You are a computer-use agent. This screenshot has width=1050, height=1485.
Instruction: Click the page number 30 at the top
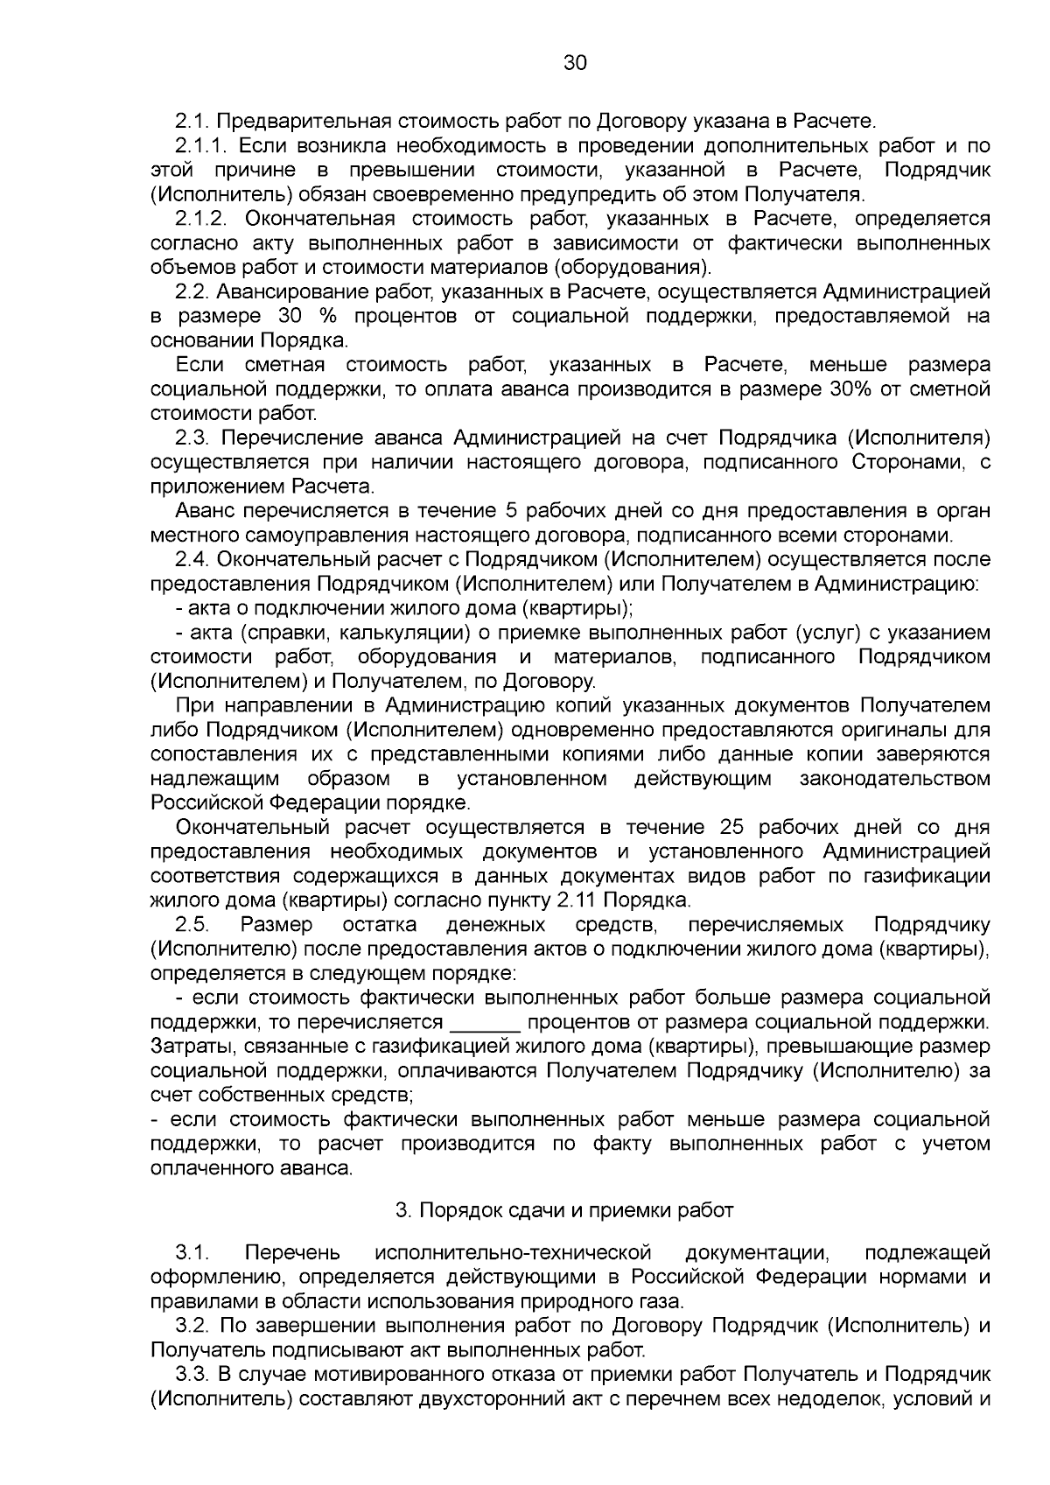coord(575,63)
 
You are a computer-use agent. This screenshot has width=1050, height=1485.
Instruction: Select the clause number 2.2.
coord(192,291)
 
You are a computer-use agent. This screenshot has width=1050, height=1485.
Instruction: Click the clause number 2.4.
coord(192,558)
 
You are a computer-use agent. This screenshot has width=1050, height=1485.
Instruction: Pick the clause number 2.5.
coord(192,925)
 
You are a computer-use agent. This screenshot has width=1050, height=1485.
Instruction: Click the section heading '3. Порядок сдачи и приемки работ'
coord(564,1210)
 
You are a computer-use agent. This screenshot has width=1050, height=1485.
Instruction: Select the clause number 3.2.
coord(192,1326)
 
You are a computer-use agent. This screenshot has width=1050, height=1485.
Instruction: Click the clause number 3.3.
coord(192,1374)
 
